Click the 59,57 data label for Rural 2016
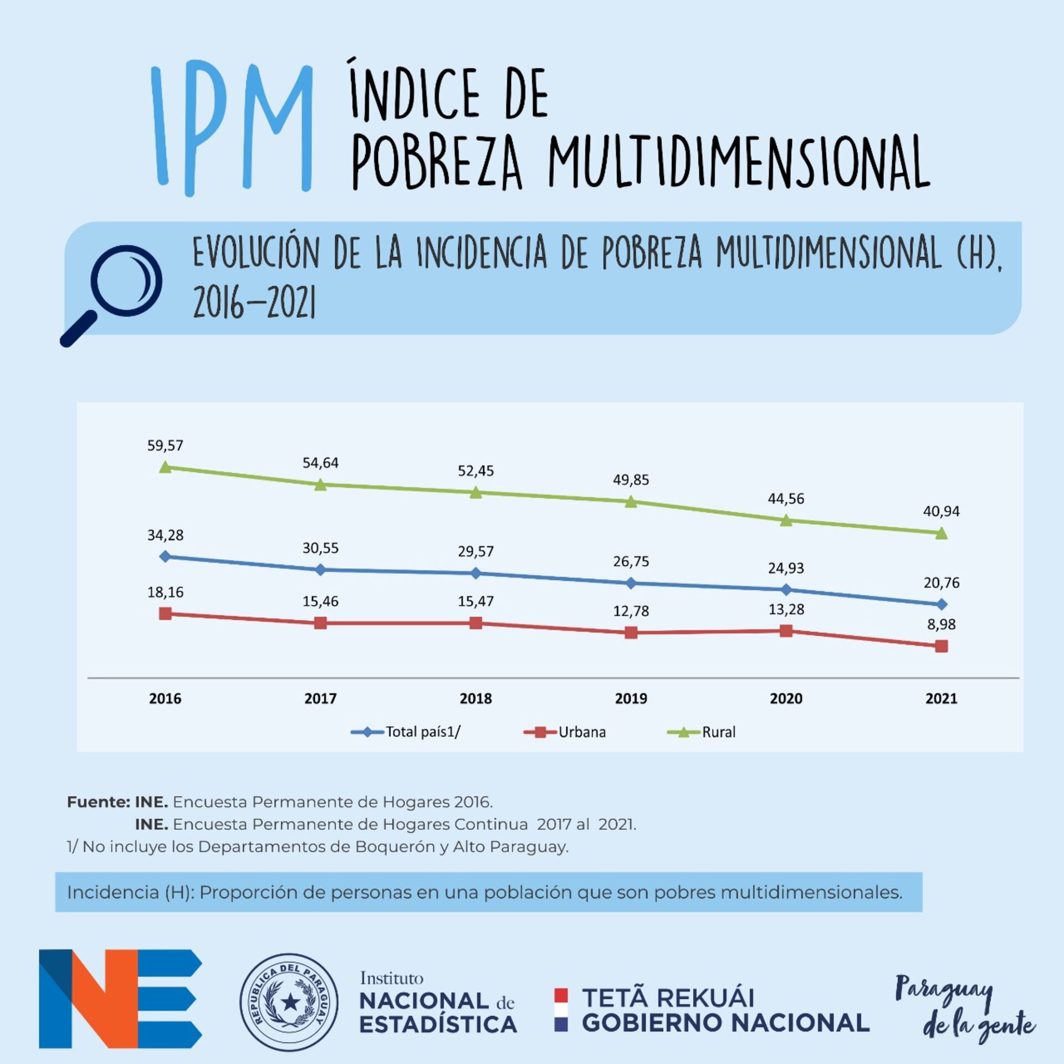pos(165,446)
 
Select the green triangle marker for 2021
pos(941,534)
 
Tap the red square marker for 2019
pos(631,632)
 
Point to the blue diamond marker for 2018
pos(475,573)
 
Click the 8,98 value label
pos(941,625)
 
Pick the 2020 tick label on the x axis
pos(786,698)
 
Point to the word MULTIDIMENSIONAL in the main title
pos(738,162)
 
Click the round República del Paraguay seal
pos(289,1001)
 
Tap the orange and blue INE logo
pos(120,999)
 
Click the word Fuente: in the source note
pos(98,802)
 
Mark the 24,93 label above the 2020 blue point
pos(786,568)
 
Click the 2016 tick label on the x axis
pos(165,698)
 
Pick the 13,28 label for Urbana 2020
pos(786,610)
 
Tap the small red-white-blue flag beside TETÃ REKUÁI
pos(561,1010)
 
